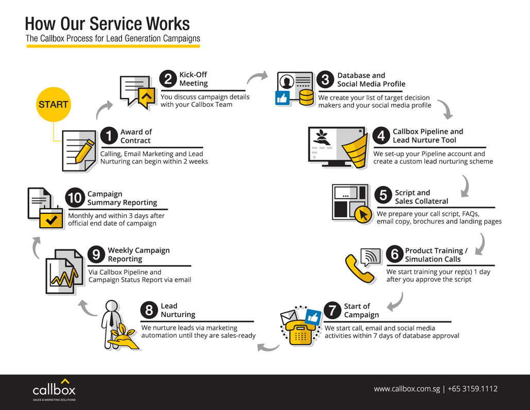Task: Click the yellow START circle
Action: pyautogui.click(x=53, y=105)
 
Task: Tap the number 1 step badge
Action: pyautogui.click(x=109, y=136)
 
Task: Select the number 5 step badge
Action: pyautogui.click(x=383, y=196)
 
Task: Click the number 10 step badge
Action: pyautogui.click(x=75, y=198)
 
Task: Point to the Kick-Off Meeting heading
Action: pyautogui.click(x=193, y=79)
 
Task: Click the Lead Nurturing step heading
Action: pyautogui.click(x=178, y=310)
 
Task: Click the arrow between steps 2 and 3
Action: pyautogui.click(x=257, y=77)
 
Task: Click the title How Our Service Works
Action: pyautogui.click(x=108, y=24)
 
